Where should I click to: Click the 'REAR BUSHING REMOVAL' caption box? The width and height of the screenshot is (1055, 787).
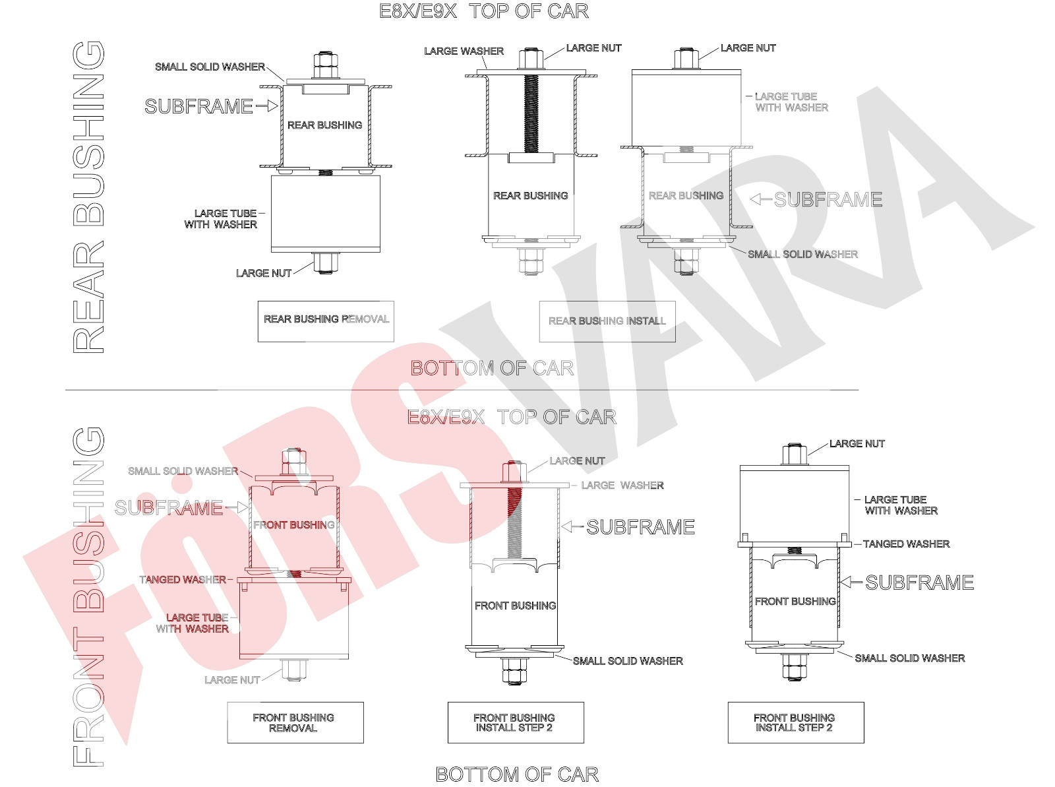coord(326,321)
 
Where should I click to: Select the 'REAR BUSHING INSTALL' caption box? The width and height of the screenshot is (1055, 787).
coord(607,321)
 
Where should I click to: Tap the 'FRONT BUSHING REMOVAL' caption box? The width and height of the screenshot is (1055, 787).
coord(295,722)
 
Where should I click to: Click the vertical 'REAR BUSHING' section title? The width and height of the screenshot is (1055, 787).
coord(88,197)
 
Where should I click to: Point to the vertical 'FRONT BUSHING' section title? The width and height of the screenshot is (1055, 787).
coord(88,596)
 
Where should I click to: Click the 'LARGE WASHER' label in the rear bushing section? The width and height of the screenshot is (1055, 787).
coord(464,51)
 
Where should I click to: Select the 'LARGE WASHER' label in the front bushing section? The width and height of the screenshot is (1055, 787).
coord(622,485)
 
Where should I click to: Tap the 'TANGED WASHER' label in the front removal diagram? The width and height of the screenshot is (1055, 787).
coord(183,579)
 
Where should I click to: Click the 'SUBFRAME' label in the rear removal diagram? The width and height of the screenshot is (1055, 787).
coord(198,106)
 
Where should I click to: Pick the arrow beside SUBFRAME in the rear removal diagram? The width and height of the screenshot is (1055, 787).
coord(267,106)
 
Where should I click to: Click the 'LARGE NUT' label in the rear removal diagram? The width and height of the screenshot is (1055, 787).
coord(263,273)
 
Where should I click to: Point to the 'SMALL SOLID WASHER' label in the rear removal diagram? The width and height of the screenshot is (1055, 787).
coord(210,67)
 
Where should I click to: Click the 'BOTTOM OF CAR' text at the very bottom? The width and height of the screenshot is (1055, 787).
coord(517,774)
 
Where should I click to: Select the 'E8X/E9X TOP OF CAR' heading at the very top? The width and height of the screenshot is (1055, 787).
coord(483,11)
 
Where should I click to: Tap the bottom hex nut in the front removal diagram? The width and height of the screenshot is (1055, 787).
coord(294,670)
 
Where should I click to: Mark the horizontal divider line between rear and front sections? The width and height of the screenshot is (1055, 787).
coord(462,390)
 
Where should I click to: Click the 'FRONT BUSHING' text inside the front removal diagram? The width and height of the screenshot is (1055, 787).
coord(293,525)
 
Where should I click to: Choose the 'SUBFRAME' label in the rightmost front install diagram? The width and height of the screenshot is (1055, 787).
coord(919,582)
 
